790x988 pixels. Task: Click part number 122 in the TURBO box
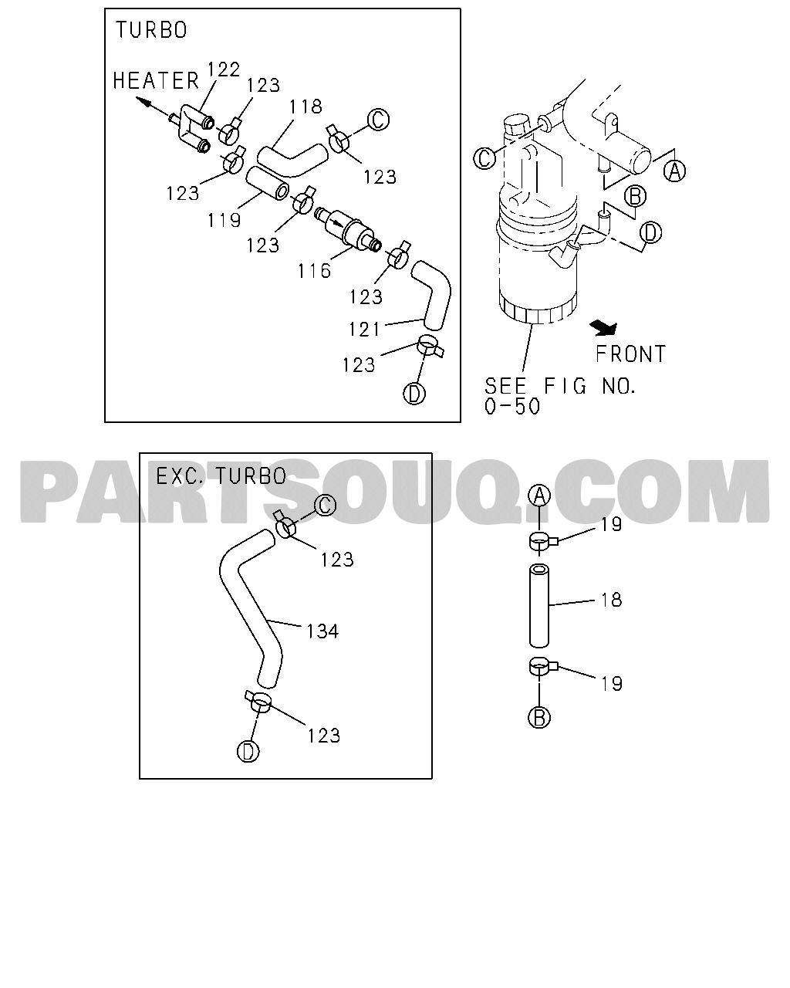point(224,70)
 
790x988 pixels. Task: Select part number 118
point(306,107)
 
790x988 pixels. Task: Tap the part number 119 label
point(224,221)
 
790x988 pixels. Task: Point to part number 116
point(314,271)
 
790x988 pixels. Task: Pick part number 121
point(364,329)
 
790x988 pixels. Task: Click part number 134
point(322,631)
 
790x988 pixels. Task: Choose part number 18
point(612,600)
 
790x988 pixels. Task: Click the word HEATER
point(156,80)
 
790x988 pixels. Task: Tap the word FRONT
point(630,354)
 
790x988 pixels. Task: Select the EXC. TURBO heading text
point(221,475)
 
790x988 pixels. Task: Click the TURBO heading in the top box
point(151,30)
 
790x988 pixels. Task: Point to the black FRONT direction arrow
point(603,327)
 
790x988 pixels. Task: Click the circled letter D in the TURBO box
point(415,393)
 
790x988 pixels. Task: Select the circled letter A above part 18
point(540,496)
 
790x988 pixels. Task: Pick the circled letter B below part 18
point(539,717)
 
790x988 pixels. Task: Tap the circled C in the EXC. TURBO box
point(325,505)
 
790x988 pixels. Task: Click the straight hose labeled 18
point(540,604)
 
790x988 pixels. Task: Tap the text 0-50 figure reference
point(512,407)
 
